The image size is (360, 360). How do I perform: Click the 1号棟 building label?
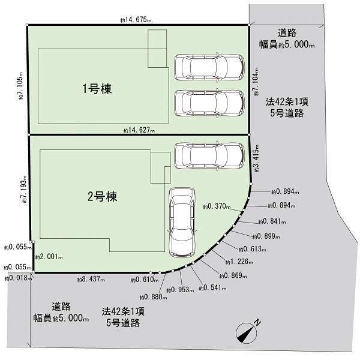[x=97, y=89]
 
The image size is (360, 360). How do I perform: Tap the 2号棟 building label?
[x=103, y=197]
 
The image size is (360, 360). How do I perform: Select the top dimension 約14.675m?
[x=136, y=20]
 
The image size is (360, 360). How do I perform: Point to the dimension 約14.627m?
[x=139, y=130]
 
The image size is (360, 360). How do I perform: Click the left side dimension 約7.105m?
[x=20, y=86]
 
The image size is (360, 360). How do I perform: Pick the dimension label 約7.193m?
[x=24, y=189]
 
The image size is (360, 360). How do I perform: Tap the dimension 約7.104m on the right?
[x=256, y=82]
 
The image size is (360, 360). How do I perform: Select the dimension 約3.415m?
[x=256, y=158]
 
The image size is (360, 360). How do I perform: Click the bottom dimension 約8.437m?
[x=91, y=279]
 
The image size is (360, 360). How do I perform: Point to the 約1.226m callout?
[x=239, y=262]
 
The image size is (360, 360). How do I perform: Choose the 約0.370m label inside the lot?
[x=217, y=206]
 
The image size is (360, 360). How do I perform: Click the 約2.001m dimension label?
[x=49, y=257]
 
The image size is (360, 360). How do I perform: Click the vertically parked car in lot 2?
[x=182, y=223]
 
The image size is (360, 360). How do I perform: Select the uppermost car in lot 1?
[x=209, y=67]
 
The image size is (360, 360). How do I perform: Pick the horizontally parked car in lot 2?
[x=209, y=156]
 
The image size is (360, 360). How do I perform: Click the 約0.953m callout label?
[x=180, y=290]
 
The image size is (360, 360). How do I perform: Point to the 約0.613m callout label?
[x=253, y=249]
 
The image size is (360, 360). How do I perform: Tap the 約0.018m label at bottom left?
[x=18, y=278]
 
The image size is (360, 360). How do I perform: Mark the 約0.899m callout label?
[x=266, y=236]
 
